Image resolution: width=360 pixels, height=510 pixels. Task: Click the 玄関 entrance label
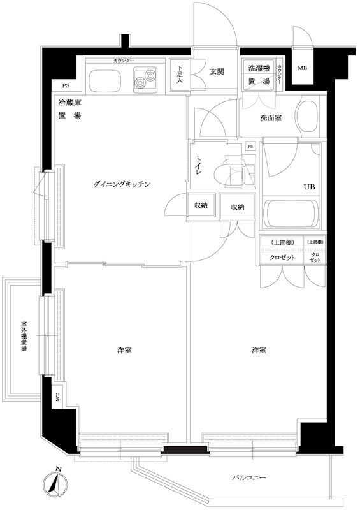pyautogui.click(x=216, y=71)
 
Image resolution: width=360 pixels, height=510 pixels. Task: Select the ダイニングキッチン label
pyautogui.click(x=121, y=184)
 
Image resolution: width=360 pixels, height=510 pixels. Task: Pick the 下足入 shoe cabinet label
pyautogui.click(x=180, y=73)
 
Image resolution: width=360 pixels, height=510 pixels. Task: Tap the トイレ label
pyautogui.click(x=198, y=165)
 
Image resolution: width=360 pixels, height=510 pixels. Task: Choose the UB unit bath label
pyautogui.click(x=308, y=187)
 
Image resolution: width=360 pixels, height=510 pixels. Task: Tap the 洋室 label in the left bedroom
pyautogui.click(x=124, y=351)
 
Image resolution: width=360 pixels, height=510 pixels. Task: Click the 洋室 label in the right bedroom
pyautogui.click(x=258, y=351)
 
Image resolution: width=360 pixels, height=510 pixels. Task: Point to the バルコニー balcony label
pyautogui.click(x=248, y=477)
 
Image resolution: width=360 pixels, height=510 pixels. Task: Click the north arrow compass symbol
pyautogui.click(x=57, y=485)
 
